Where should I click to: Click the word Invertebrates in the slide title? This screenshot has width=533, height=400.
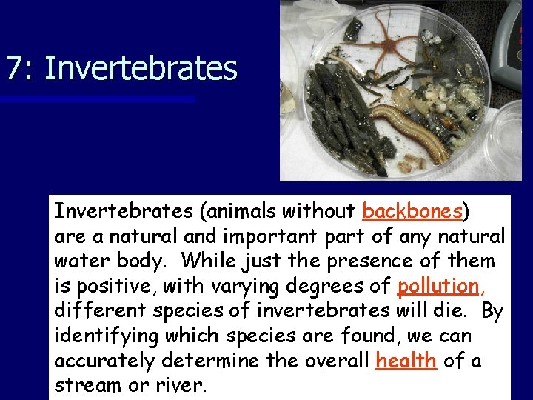pyautogui.click(x=141, y=68)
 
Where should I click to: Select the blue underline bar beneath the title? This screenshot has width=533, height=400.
pyautogui.click(x=96, y=99)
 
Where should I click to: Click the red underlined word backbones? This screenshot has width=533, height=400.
pyautogui.click(x=412, y=212)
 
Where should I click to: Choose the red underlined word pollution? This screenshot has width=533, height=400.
pyautogui.click(x=438, y=286)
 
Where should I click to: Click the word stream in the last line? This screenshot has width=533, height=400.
pyautogui.click(x=84, y=385)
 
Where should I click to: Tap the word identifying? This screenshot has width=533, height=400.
pyautogui.click(x=101, y=336)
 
